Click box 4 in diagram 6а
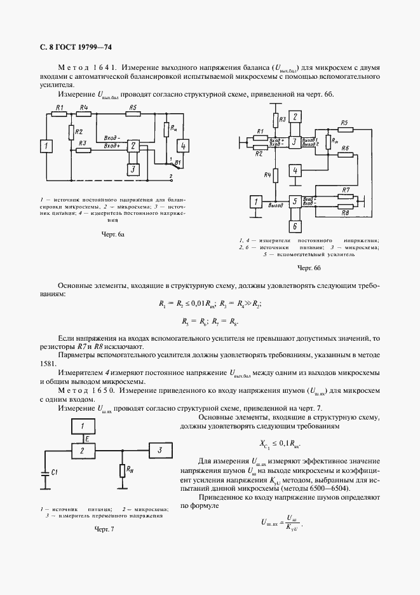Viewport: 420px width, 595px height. [x=183, y=146]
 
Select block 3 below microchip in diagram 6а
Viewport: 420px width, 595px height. [x=133, y=169]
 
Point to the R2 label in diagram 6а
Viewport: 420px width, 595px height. [x=79, y=132]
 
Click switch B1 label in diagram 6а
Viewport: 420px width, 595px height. [x=178, y=162]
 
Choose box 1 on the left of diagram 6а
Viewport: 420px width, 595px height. [x=46, y=147]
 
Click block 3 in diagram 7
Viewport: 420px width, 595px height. [x=161, y=451]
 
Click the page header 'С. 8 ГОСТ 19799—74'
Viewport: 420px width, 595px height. [x=71, y=46]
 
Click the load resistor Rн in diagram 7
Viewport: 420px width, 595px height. [x=122, y=471]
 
